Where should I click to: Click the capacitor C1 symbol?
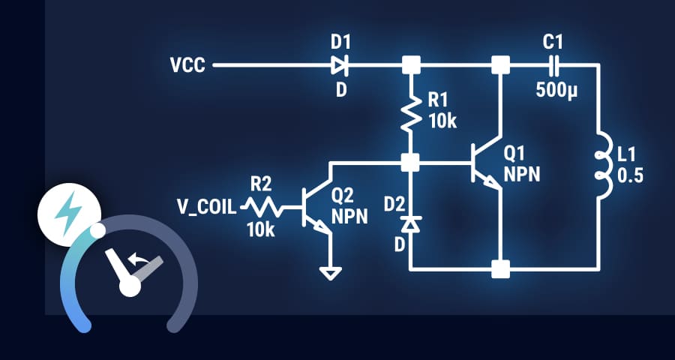[x=555, y=66]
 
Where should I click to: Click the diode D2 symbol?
[x=410, y=223]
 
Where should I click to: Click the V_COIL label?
[x=206, y=205]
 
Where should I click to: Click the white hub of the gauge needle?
[x=130, y=286]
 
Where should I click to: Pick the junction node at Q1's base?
[x=410, y=162]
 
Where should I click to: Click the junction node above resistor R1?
[x=410, y=66]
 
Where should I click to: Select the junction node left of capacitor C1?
[x=499, y=66]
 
